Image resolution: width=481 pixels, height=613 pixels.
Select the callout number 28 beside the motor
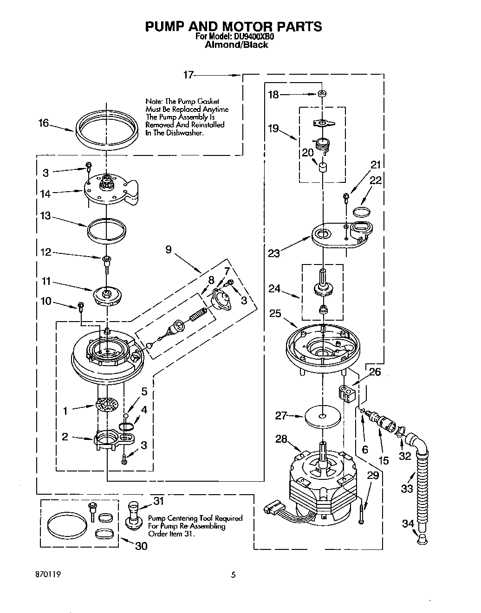point(281,439)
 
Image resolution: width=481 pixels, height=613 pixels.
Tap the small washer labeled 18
point(320,94)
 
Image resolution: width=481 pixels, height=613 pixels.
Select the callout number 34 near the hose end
point(408,523)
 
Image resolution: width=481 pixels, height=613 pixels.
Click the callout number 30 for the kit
point(141,546)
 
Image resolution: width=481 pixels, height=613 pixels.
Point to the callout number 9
point(168,250)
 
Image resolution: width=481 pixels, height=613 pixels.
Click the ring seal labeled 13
point(107,229)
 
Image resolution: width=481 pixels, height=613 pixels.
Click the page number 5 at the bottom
point(234,574)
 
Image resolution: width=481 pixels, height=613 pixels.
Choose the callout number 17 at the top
point(188,75)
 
